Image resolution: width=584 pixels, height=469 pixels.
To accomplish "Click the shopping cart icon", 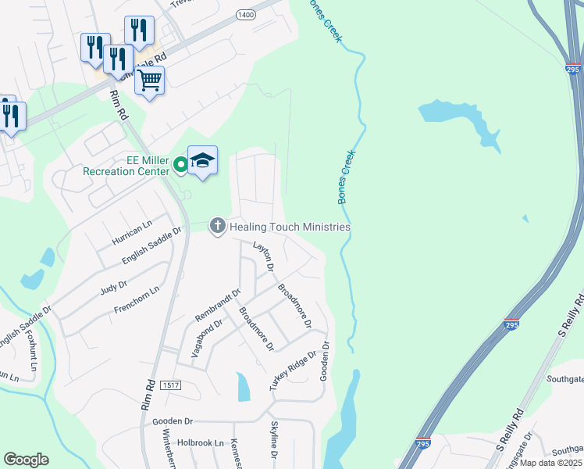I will [149, 79].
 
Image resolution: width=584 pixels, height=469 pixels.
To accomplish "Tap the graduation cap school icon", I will [202, 160].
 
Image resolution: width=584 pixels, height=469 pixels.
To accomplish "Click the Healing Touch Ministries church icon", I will [217, 227].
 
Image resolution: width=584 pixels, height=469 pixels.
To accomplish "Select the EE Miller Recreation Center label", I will [126, 166].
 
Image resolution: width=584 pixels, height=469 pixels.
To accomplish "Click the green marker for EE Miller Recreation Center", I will [180, 164].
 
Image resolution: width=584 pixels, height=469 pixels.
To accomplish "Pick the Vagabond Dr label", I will [206, 338].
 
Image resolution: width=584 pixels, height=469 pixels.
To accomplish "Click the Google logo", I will [26, 459].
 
